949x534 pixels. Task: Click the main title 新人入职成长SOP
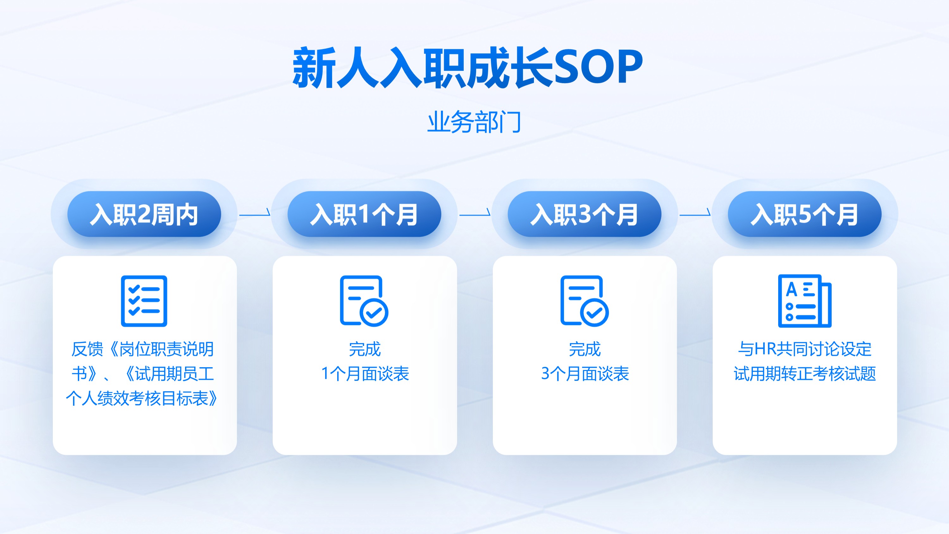[468, 68]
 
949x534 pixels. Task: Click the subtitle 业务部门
[474, 122]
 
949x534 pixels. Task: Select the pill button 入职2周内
[144, 214]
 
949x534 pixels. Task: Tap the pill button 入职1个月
[364, 214]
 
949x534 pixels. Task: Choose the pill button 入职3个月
[584, 214]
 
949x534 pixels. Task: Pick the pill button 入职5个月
[804, 214]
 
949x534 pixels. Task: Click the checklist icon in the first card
[144, 301]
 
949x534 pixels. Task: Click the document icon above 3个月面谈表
[584, 301]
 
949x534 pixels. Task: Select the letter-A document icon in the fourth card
[804, 301]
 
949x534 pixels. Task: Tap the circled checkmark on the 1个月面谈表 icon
[374, 312]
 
